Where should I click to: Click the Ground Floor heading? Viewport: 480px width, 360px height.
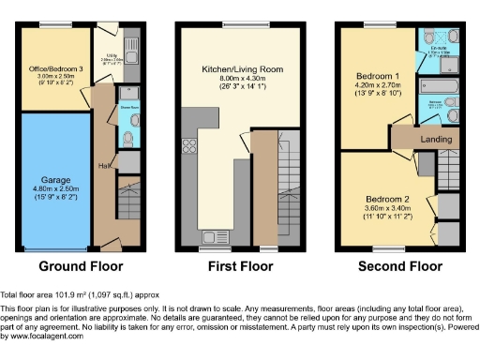[77, 266]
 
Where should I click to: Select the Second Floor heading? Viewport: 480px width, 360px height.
[400, 266]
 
